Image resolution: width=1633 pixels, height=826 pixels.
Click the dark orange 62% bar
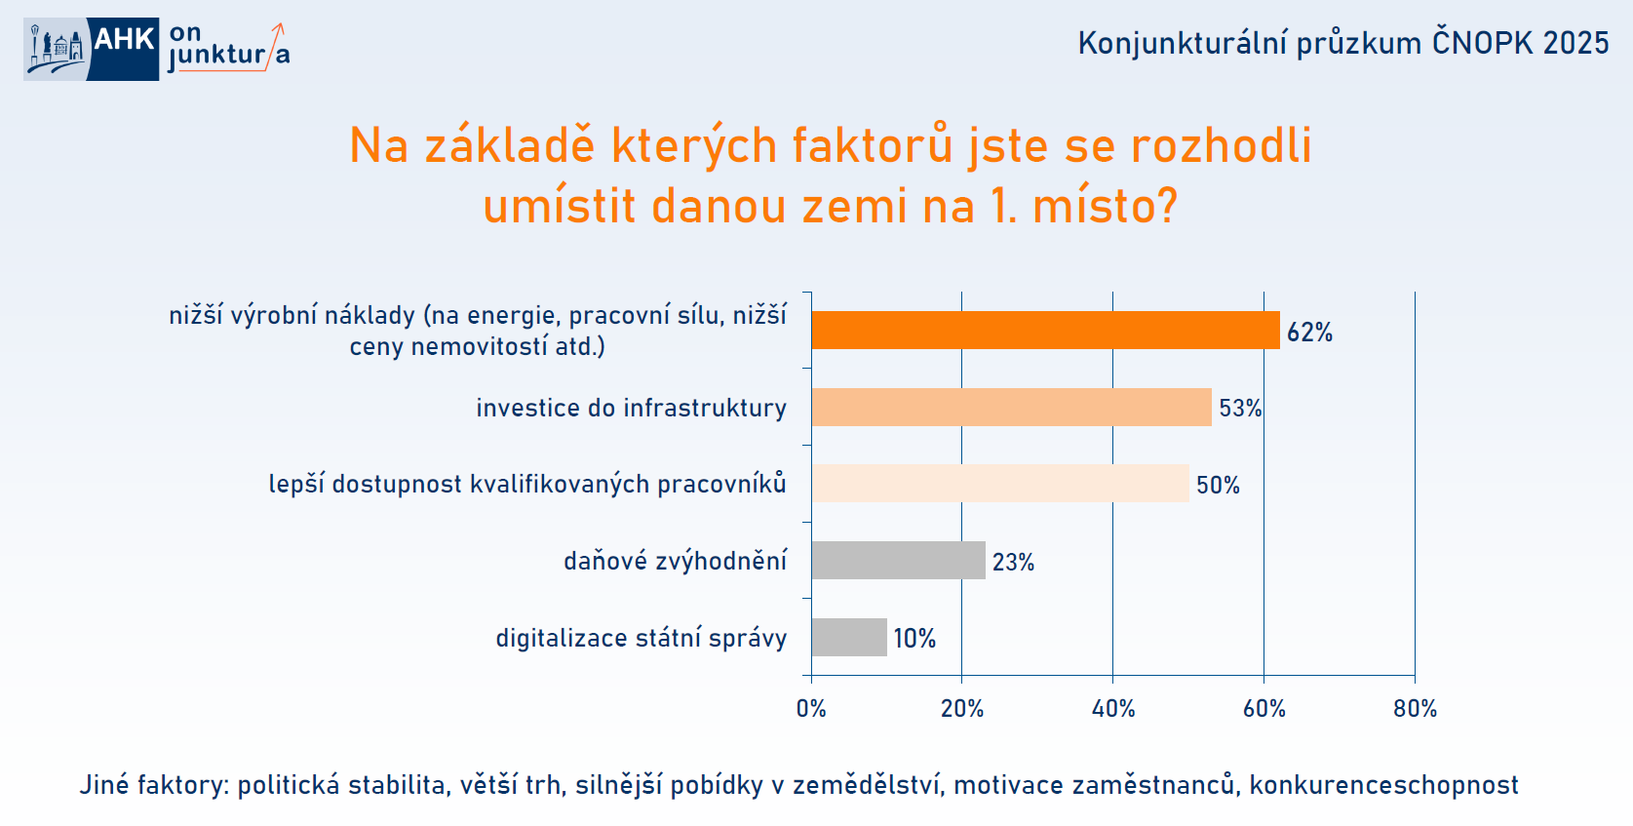[x=1045, y=331]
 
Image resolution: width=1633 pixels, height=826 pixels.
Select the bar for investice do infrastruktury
[x=1011, y=407]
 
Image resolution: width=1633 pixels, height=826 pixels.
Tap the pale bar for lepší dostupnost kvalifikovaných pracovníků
[x=1000, y=484]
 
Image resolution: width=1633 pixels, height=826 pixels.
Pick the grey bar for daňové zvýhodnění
[x=898, y=560]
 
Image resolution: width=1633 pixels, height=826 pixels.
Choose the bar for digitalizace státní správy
[x=849, y=637]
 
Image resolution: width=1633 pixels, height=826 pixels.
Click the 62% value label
[x=1309, y=333]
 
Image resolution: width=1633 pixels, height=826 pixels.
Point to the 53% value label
[x=1240, y=409]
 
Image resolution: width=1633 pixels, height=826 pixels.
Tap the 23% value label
[x=1013, y=562]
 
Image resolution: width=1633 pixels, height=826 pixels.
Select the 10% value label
[x=914, y=639]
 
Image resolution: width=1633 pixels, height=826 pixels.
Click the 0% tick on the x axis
[x=811, y=709]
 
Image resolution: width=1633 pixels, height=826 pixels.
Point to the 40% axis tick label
[x=1113, y=709]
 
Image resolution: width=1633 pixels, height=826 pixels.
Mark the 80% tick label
[x=1415, y=709]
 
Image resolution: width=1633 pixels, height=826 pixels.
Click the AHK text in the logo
[x=123, y=39]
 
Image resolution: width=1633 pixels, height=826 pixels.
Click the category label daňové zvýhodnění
[x=675, y=561]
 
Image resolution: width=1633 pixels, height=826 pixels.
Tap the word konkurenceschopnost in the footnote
[x=1383, y=784]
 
